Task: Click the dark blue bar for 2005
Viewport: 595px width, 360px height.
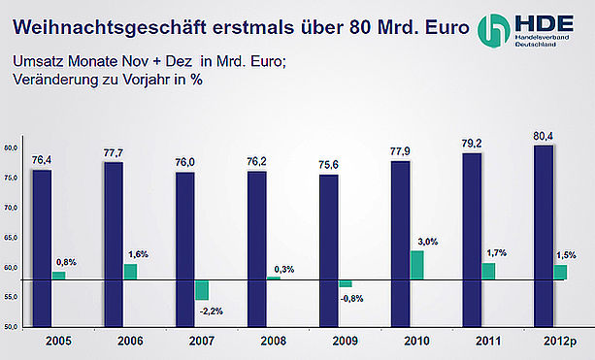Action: pos(42,248)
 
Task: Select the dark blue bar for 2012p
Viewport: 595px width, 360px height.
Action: pos(544,237)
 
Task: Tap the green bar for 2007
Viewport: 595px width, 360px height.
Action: pos(202,290)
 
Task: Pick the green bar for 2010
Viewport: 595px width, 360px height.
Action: pos(417,265)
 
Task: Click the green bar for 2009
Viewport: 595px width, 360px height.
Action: pos(346,283)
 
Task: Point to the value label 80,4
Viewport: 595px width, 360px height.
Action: pos(543,136)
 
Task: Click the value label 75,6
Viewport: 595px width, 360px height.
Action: pos(329,165)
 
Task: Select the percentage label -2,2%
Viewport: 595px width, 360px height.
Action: pos(212,311)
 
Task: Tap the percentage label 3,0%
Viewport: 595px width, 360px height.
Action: pos(428,242)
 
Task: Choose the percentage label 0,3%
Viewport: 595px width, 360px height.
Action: pos(284,270)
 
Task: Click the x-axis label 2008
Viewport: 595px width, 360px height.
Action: pos(273,341)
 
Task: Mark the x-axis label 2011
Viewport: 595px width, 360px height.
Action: pos(488,341)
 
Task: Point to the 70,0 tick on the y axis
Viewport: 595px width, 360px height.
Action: pos(11,208)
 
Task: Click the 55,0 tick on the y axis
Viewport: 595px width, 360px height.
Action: pos(11,297)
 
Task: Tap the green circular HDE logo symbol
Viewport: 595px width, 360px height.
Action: pos(493,31)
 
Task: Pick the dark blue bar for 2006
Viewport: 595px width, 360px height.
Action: pos(114,245)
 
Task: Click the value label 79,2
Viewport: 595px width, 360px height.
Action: pos(472,144)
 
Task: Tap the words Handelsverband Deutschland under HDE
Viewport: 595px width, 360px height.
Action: pos(542,41)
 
